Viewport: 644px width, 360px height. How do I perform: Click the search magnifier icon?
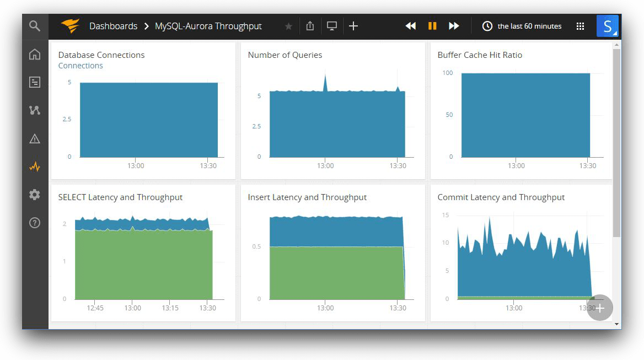[35, 26]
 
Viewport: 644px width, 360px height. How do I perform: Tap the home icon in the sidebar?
[35, 54]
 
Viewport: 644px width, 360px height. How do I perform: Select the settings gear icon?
[35, 195]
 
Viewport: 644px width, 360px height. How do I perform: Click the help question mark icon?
[35, 223]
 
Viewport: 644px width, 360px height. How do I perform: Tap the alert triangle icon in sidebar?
[35, 138]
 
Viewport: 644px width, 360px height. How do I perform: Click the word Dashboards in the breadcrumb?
[113, 26]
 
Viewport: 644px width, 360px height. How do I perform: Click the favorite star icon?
[288, 26]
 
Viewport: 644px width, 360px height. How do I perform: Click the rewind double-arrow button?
[410, 26]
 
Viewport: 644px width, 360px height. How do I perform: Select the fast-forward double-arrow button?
[454, 26]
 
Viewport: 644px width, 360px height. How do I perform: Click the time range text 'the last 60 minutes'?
[529, 26]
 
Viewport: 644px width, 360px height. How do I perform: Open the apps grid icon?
[580, 26]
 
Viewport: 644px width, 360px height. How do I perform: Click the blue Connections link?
[80, 66]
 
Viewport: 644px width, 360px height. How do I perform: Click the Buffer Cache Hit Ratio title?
[480, 55]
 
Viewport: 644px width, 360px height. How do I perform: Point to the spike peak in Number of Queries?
[325, 74]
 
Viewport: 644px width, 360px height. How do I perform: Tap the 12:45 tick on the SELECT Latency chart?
[95, 308]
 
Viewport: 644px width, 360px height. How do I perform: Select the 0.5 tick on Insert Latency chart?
[256, 246]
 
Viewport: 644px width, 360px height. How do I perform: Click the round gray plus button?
[600, 308]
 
